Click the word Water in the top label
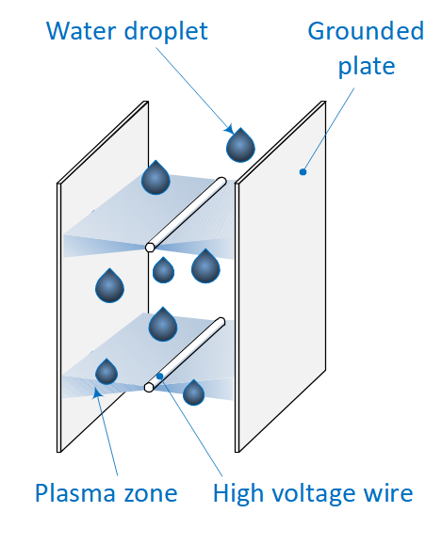[x=82, y=31]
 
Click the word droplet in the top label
[x=166, y=31]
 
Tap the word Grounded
[x=366, y=31]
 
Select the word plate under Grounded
[x=367, y=66]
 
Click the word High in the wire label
[x=238, y=493]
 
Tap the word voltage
[x=316, y=493]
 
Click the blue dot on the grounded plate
[x=303, y=171]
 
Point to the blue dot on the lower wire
[x=160, y=376]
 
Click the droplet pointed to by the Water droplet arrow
[x=240, y=145]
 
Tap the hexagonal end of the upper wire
[x=150, y=248]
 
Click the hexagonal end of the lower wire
[x=149, y=387]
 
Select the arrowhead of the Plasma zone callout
[x=97, y=393]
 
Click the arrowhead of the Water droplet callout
[x=229, y=129]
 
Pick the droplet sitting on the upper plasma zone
[x=156, y=177]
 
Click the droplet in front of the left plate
[x=109, y=285]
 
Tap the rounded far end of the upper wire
[x=221, y=182]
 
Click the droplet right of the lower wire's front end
[x=193, y=393]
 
